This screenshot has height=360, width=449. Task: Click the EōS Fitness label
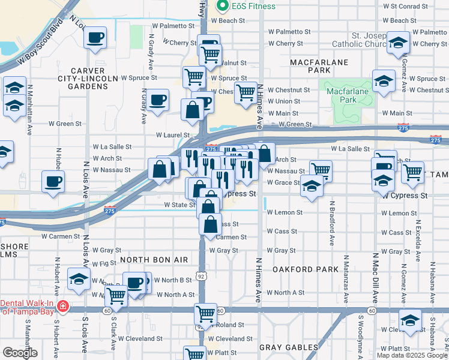point(254,6)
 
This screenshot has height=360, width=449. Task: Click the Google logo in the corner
point(20,353)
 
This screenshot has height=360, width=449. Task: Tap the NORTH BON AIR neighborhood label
point(155,260)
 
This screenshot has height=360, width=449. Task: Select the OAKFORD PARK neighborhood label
point(298,270)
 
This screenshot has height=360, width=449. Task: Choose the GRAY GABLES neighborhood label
point(289,347)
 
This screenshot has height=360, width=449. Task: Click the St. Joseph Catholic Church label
point(368,39)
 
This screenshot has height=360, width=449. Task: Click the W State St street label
point(179,205)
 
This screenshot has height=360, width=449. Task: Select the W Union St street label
point(284,101)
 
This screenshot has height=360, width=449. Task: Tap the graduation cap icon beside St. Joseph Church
point(398,43)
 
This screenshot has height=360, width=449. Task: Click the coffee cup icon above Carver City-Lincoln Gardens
point(95,38)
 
